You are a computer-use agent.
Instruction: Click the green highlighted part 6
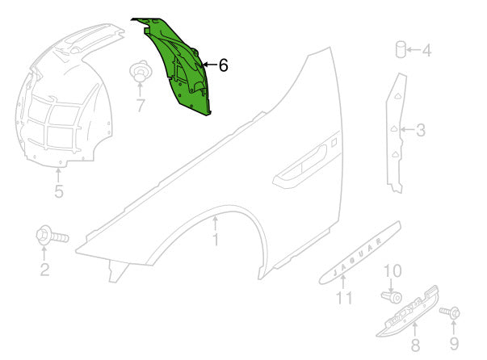tap(175, 65)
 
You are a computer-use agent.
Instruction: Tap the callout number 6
tap(224, 65)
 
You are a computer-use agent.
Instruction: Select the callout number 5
tap(59, 191)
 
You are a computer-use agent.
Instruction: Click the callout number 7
tap(141, 106)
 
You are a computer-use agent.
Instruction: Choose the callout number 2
tap(44, 270)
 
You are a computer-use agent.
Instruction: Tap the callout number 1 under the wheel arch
tap(216, 240)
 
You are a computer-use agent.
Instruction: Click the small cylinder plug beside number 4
tap(400, 49)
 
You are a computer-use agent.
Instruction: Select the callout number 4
tap(426, 51)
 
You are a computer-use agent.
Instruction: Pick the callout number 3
tap(421, 130)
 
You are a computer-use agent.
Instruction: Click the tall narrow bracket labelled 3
tap(396, 133)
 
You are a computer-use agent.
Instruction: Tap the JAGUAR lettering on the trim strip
tap(357, 257)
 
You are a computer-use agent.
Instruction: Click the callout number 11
tap(344, 298)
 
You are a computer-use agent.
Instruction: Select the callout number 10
tap(393, 271)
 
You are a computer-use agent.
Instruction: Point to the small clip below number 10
tap(392, 297)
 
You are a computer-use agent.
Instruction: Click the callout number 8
tap(416, 345)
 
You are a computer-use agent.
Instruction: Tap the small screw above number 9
tap(450, 312)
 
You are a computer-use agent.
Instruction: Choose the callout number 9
tap(454, 344)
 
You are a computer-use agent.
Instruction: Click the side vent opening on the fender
tap(300, 167)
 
